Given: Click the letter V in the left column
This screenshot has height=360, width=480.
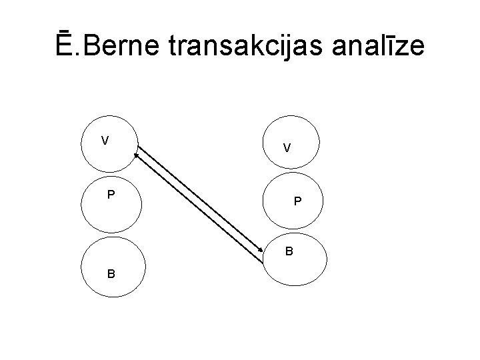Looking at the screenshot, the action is (x=105, y=140).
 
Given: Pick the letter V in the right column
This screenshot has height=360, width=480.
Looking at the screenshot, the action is (x=286, y=148).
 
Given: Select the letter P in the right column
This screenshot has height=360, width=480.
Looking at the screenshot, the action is (x=298, y=201).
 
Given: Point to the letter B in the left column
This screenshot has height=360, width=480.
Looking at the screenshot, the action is (x=111, y=273).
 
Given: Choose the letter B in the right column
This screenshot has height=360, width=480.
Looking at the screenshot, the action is (x=289, y=252).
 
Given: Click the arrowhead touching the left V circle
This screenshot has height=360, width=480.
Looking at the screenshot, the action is (x=135, y=155).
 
